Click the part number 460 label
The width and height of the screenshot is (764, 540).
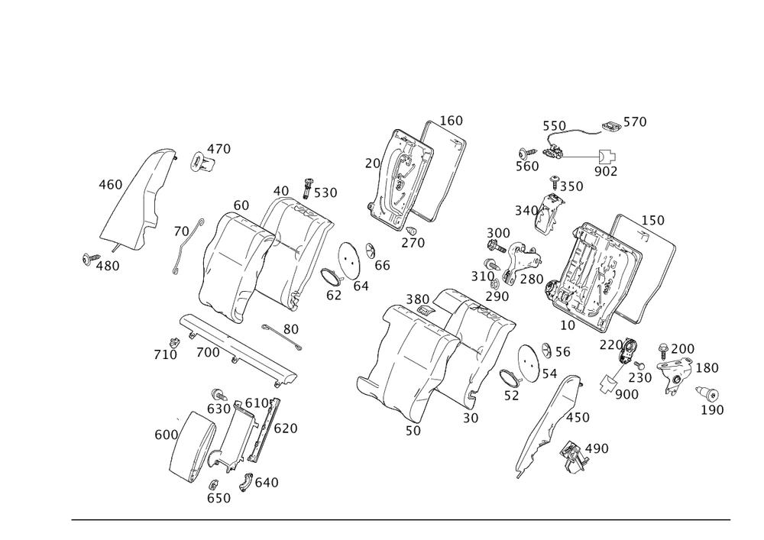109,185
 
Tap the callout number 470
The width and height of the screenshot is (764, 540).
219,148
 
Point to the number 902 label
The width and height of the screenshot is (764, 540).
605,172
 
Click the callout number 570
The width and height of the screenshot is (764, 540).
635,121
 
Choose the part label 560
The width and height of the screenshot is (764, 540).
526,167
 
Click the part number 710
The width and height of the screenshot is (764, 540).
165,354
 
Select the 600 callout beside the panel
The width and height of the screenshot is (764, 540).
165,435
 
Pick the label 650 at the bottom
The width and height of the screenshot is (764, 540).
219,498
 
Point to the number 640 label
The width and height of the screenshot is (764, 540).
267,483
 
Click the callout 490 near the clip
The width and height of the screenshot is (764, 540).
597,448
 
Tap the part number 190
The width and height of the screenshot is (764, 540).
713,410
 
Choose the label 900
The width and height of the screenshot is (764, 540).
626,394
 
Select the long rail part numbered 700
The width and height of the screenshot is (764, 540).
237,348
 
